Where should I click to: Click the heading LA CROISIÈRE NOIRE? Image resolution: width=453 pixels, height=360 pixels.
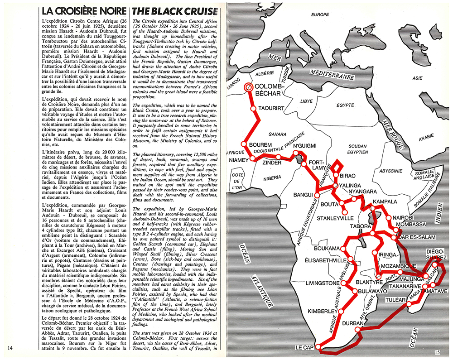click(81, 10)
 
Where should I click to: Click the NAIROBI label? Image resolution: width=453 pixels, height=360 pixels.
click(402, 218)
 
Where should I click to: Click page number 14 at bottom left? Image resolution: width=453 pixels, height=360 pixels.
click(12, 348)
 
